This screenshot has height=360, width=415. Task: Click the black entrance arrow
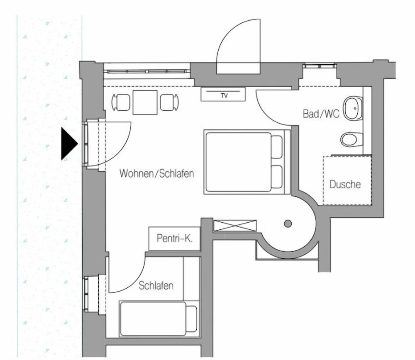pyautogui.click(x=68, y=144)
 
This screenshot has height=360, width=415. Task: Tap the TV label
pyautogui.click(x=224, y=96)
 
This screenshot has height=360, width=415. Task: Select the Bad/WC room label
pyautogui.click(x=321, y=114)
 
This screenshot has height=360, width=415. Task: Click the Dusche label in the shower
pyautogui.click(x=345, y=184)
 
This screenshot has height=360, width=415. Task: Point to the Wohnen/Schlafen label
pyautogui.click(x=157, y=173)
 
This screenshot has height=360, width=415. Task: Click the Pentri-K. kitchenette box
pyautogui.click(x=174, y=238)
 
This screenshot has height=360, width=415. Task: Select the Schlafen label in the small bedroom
pyautogui.click(x=156, y=286)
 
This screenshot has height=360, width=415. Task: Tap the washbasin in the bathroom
pyautogui.click(x=353, y=108)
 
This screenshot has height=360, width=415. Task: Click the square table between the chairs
pyautogui.click(x=145, y=102)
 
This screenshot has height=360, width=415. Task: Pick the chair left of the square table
pyautogui.click(x=121, y=102)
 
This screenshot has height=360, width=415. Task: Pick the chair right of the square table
pyautogui.click(x=169, y=102)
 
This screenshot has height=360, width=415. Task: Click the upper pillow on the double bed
pyautogui.click(x=277, y=147)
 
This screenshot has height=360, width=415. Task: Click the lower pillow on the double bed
pyautogui.click(x=277, y=177)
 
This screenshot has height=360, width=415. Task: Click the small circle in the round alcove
pyautogui.click(x=288, y=224)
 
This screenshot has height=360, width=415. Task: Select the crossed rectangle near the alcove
pyautogui.click(x=235, y=226)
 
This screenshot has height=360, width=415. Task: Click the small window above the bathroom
pyautogui.click(x=320, y=66)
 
